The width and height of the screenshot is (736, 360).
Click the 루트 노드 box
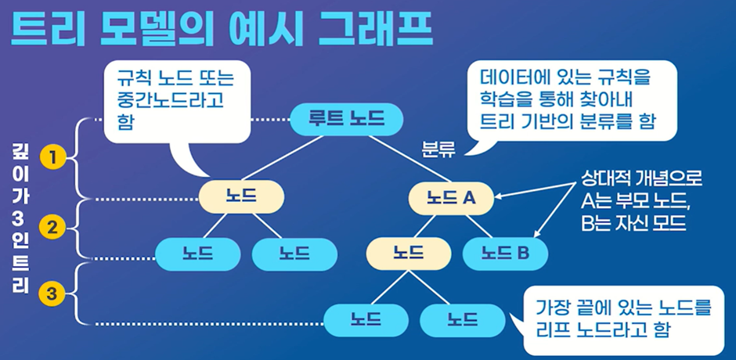coord(346,120)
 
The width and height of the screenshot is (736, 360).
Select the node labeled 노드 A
coord(453,198)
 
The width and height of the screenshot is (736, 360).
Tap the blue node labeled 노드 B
coord(505,253)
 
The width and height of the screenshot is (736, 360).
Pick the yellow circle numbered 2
coord(52,229)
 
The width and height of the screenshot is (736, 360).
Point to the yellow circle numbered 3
coord(52,295)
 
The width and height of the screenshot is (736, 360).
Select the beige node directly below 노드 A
coord(408,253)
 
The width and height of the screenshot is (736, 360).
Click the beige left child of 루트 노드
coord(240,197)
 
